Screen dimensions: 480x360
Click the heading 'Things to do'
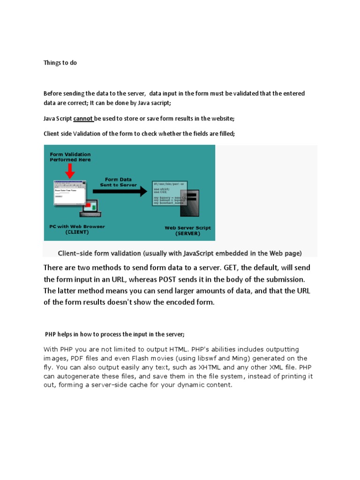[60, 63]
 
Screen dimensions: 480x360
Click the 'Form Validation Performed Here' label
[70, 157]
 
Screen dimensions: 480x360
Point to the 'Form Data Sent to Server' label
[118, 182]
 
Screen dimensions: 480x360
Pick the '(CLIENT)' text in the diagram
[77, 232]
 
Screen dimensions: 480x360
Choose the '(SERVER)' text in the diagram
[187, 233]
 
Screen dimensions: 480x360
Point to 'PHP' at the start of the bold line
[51, 334]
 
